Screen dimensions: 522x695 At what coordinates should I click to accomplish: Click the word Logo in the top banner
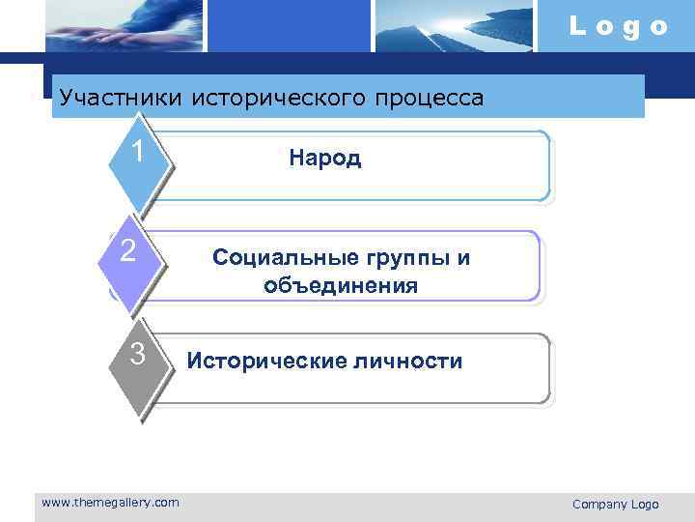click(x=618, y=26)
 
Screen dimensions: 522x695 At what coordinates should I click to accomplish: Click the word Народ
click(x=325, y=159)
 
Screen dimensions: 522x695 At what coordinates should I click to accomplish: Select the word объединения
click(x=340, y=285)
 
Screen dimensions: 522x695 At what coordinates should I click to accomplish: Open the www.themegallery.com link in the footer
click(x=110, y=502)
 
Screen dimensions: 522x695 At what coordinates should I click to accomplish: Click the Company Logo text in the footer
click(x=615, y=504)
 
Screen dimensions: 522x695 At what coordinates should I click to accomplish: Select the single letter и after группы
click(x=464, y=257)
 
